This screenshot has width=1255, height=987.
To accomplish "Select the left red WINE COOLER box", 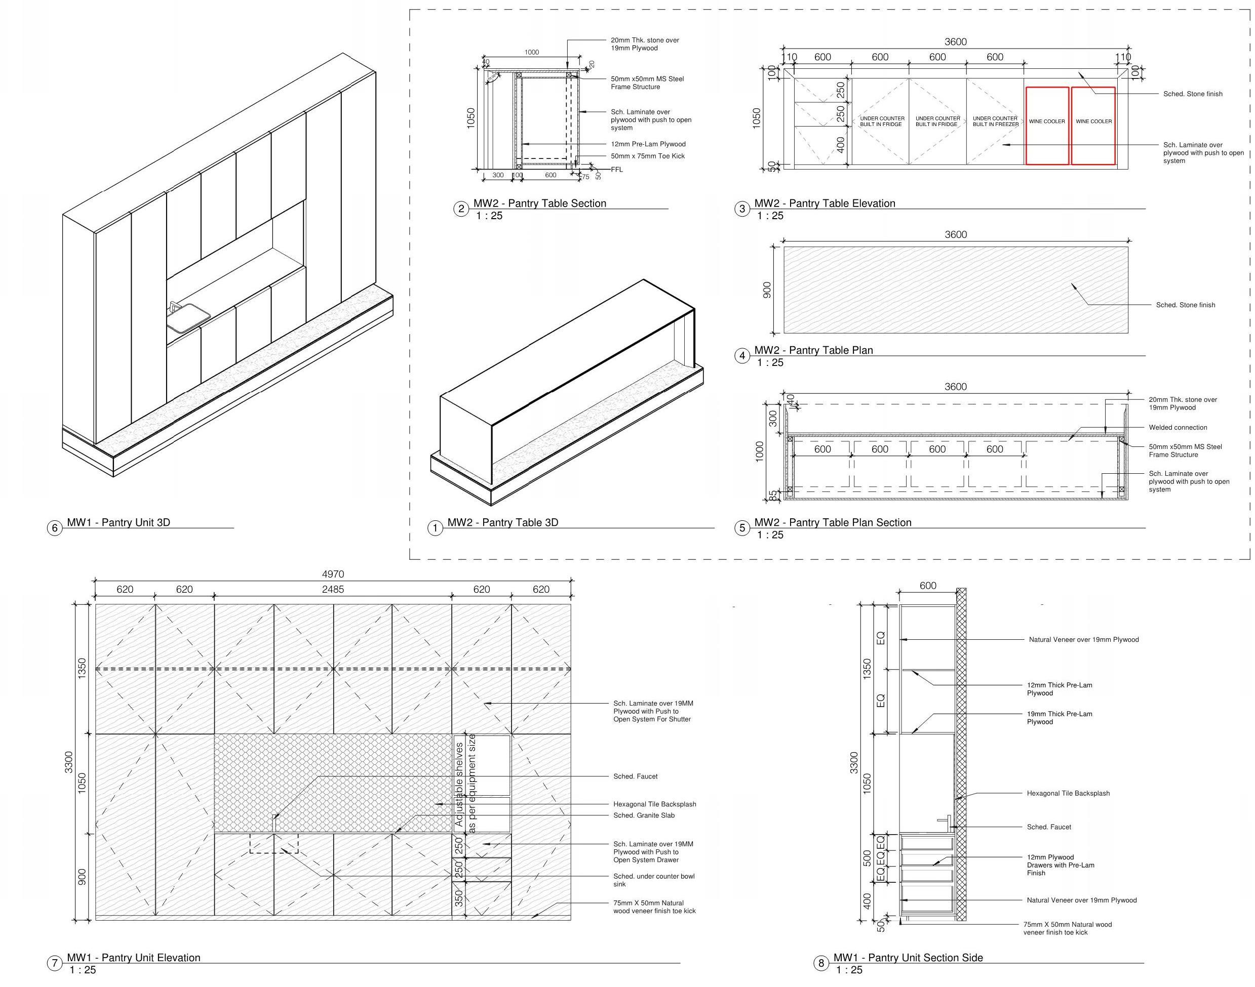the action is point(1046,126).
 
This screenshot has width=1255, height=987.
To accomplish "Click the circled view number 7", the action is point(54,963).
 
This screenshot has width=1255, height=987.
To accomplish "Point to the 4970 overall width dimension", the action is point(332,574).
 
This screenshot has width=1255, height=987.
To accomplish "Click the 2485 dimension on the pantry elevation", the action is point(332,590).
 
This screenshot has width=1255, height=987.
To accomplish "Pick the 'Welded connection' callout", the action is point(1178,428).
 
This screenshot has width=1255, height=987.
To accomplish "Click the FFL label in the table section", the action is point(617,170).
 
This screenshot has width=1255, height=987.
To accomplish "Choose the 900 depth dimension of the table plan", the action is point(767,290).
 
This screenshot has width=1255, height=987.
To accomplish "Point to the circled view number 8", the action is point(820,963).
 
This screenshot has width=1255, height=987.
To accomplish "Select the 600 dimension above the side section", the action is point(927,586).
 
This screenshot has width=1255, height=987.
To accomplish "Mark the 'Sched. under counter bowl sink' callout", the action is point(653,880).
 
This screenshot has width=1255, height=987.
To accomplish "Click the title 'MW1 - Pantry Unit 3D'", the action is point(118,522).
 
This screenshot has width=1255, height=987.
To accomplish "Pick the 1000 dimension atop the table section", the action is point(531,53).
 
